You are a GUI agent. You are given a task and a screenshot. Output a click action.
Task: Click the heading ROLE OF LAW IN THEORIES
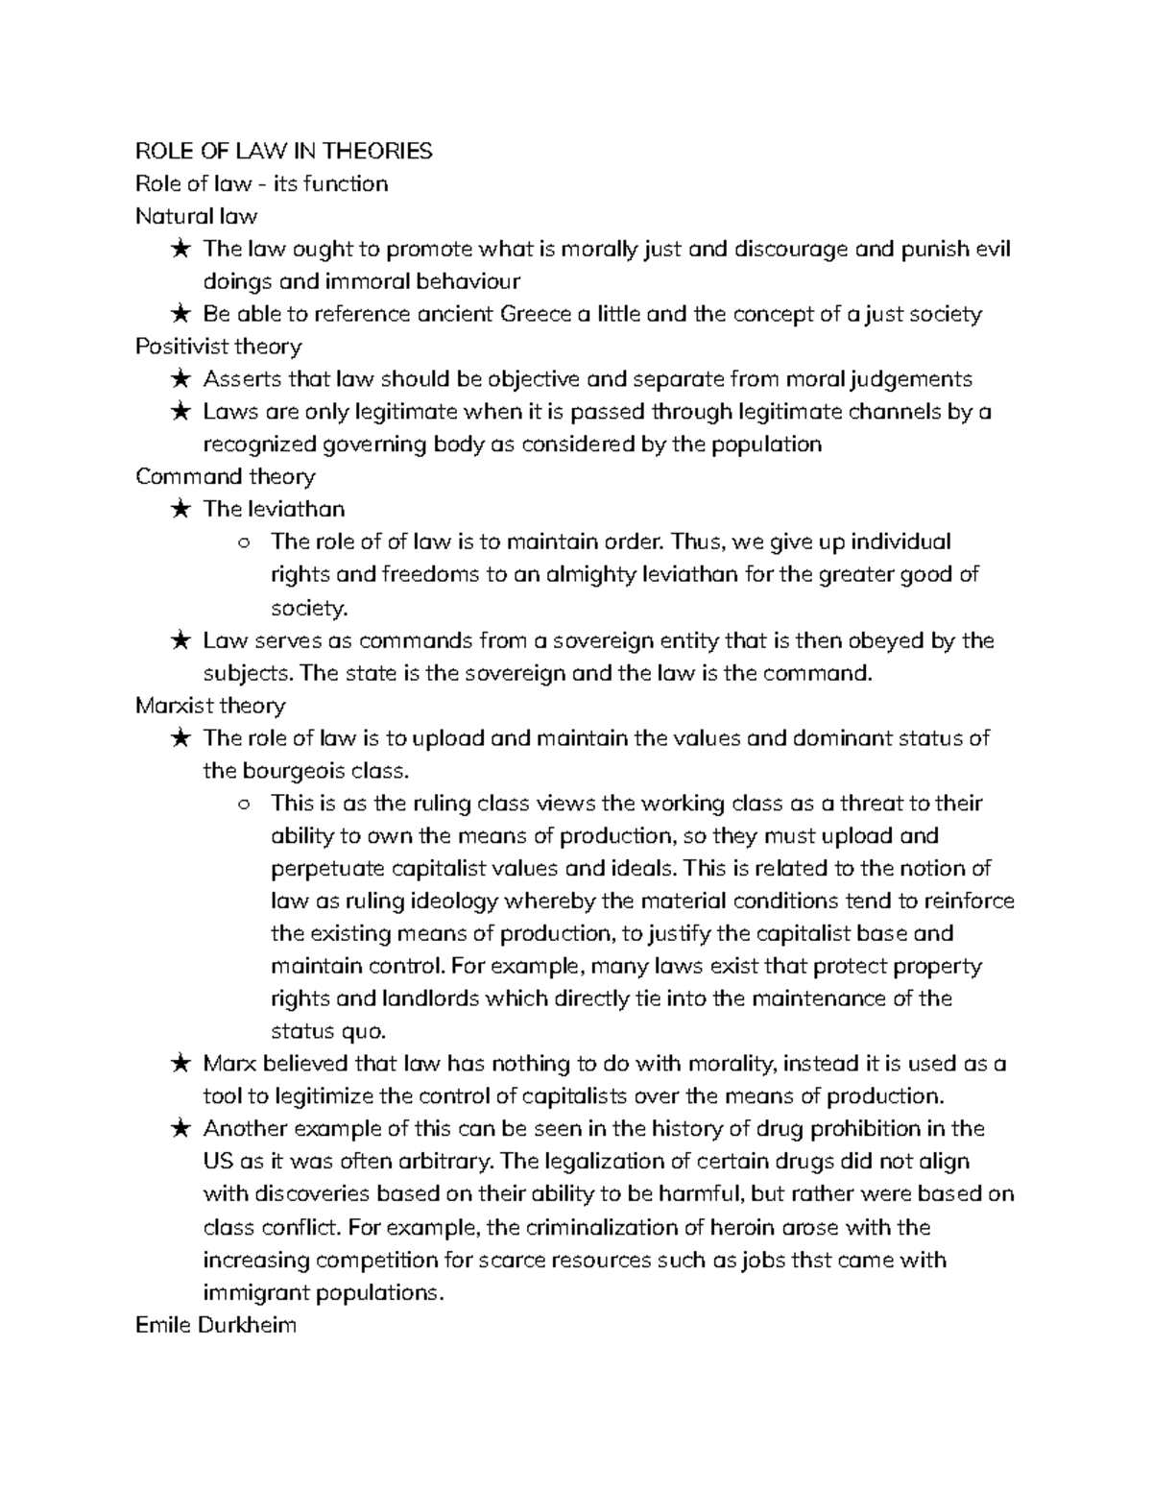point(284,151)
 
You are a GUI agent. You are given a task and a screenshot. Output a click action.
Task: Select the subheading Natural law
point(197,216)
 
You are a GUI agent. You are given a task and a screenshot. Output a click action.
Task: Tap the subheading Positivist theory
point(219,347)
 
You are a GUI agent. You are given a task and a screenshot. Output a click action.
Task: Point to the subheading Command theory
point(226,477)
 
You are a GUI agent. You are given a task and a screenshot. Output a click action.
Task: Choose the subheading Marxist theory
point(210,706)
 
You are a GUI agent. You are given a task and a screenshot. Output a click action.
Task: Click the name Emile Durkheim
point(216,1326)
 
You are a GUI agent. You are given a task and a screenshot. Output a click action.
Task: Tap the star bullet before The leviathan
point(180,510)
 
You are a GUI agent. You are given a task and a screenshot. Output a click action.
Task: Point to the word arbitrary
point(441,1163)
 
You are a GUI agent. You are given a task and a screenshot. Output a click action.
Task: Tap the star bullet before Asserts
point(180,379)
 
